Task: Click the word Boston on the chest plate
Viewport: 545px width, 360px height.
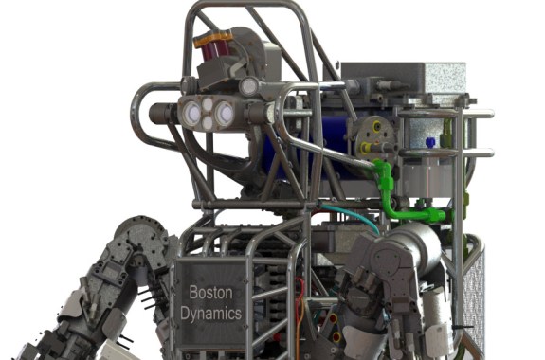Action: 210,293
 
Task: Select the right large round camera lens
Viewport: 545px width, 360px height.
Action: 225,114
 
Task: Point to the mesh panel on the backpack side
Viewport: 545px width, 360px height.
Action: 475,294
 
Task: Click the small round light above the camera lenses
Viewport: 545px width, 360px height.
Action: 247,86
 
